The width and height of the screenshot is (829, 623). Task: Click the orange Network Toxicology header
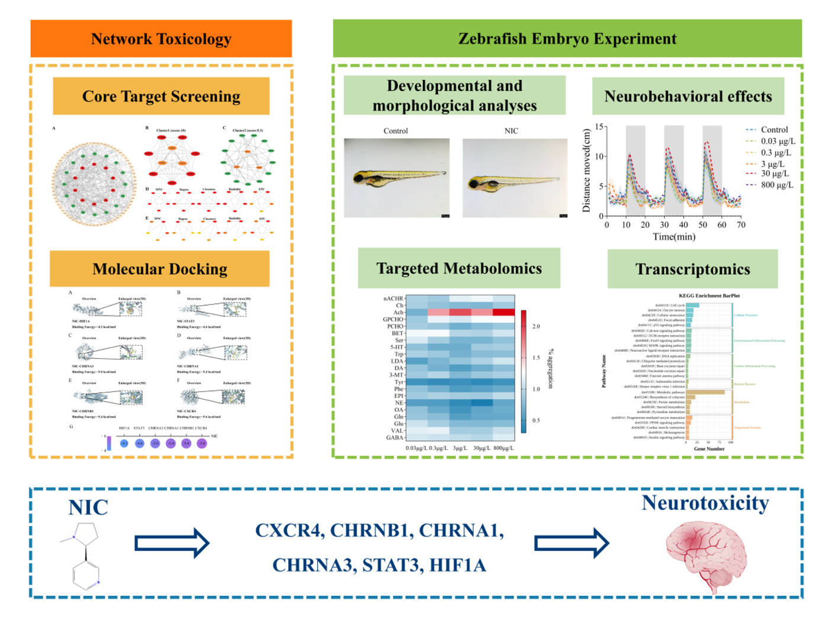(x=161, y=39)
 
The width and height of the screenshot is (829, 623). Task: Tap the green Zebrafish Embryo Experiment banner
(x=567, y=39)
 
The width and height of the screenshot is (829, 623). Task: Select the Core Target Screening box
(x=161, y=96)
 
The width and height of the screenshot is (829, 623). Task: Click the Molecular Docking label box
(x=160, y=269)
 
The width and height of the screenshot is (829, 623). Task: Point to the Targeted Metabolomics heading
(x=459, y=268)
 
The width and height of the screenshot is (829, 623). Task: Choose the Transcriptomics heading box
(x=692, y=269)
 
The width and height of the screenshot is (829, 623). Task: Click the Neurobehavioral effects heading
(x=688, y=96)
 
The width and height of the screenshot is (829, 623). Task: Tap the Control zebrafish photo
(x=396, y=178)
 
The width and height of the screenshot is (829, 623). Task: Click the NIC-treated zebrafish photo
(x=515, y=178)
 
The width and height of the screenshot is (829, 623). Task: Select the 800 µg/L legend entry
(x=776, y=185)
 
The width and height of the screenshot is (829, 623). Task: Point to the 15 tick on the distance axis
(x=599, y=127)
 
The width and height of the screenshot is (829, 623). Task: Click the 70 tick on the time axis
(x=741, y=225)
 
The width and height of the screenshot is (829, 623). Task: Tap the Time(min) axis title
(x=674, y=237)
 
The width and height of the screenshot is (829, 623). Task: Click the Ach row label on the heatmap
(x=398, y=313)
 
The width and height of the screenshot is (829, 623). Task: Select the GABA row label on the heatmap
(x=394, y=438)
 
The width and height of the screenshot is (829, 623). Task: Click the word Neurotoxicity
(x=705, y=503)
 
